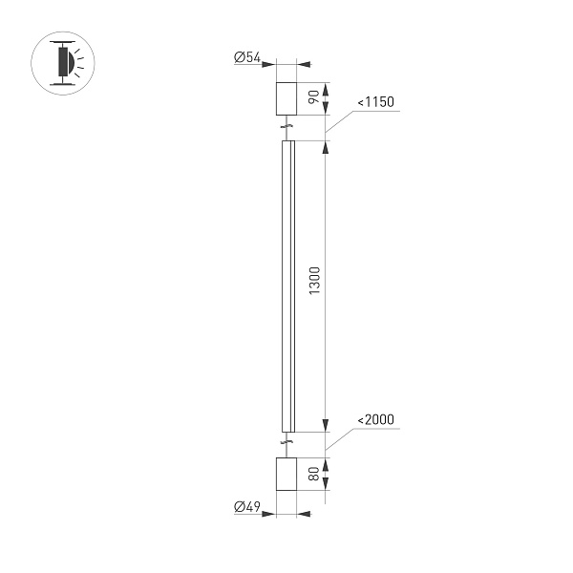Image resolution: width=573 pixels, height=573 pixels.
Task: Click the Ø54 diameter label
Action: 247,59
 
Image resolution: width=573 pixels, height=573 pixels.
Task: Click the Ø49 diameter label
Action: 247,508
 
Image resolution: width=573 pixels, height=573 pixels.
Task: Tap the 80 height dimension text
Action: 313,475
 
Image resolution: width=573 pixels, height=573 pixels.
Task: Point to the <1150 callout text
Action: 375,102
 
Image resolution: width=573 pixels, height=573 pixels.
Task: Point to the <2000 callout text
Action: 375,419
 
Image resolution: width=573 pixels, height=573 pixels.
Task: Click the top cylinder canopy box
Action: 287,97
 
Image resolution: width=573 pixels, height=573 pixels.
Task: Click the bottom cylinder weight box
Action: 286,475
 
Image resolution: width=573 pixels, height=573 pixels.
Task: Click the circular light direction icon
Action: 65,63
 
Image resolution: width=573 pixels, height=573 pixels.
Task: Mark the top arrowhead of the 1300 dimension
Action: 326,148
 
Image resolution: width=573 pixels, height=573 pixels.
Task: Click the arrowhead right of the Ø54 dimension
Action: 305,65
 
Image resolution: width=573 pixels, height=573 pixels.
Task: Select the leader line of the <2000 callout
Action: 339,439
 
